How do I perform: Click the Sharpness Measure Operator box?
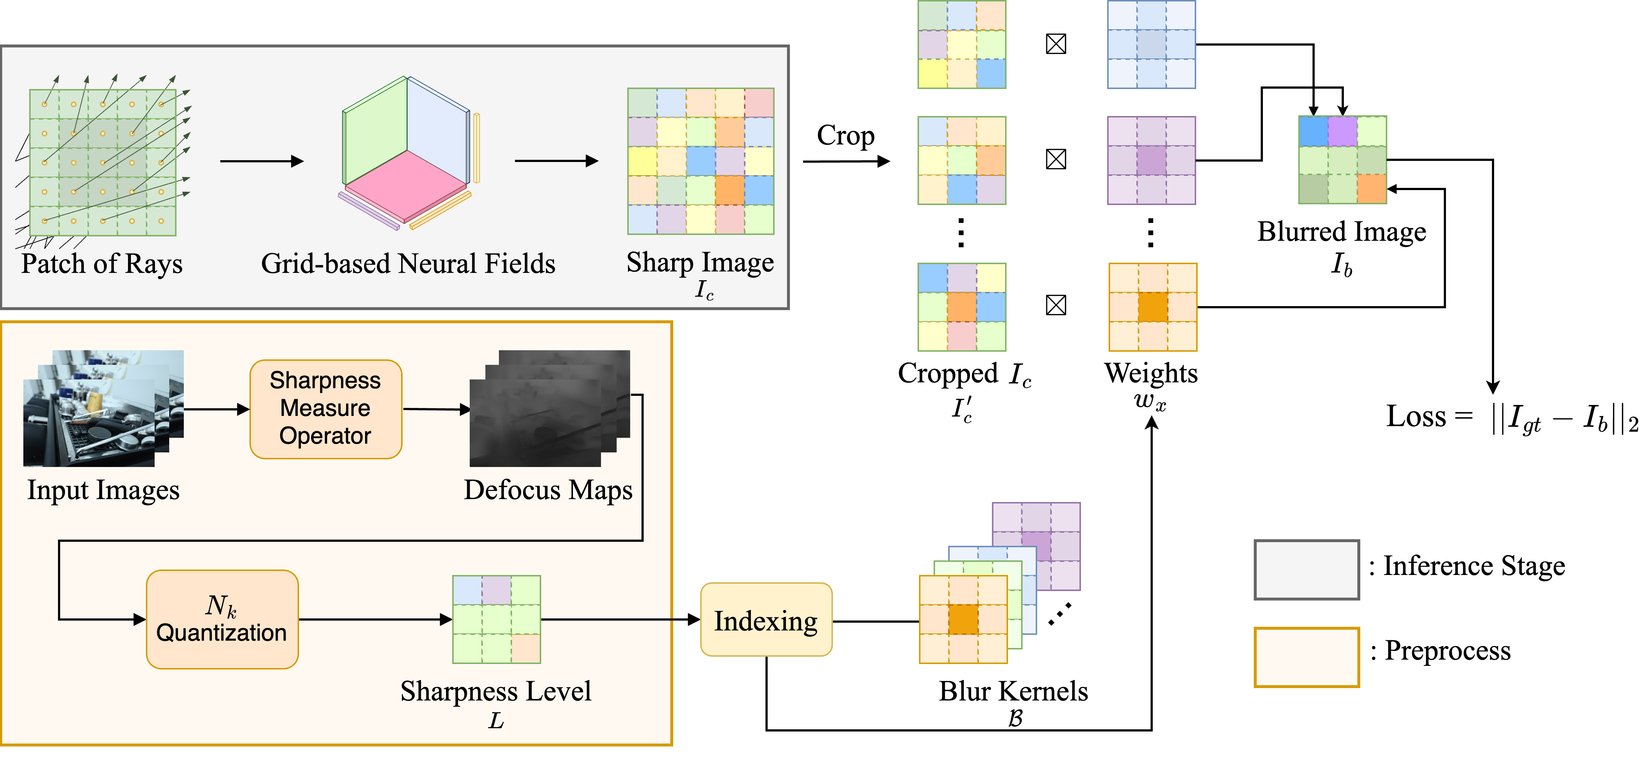point(325,409)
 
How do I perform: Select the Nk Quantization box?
point(222,619)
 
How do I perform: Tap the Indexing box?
point(766,620)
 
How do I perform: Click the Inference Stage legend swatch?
point(1306,570)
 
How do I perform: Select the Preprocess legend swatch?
point(1306,656)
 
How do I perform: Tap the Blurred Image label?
point(1341,232)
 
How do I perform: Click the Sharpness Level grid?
point(497,619)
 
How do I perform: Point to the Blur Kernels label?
point(1013,691)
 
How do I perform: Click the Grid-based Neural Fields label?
point(408,264)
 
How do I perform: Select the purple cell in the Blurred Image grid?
point(1342,131)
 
